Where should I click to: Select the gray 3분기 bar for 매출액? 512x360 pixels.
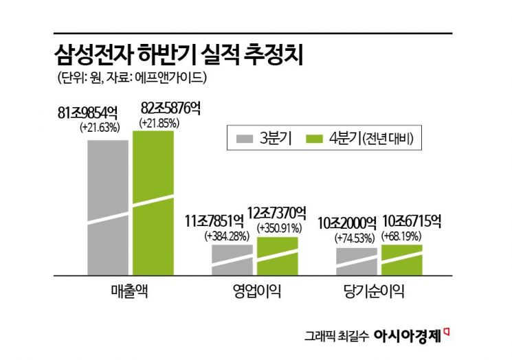pos(107,206)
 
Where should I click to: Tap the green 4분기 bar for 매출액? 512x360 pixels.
pos(153,202)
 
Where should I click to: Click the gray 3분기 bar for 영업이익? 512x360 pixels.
pos(232,259)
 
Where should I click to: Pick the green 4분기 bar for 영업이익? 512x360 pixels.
pos(277,255)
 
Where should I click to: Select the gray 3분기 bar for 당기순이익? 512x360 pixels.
pos(356,260)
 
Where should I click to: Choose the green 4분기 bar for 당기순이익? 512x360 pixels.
pos(401,259)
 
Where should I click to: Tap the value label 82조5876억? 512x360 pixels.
pos(170,109)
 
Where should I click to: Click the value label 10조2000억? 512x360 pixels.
pos(346,223)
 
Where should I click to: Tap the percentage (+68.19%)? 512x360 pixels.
pos(403,235)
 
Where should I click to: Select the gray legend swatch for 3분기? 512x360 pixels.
pos(245,138)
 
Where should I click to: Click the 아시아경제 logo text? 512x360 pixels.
pos(407,336)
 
